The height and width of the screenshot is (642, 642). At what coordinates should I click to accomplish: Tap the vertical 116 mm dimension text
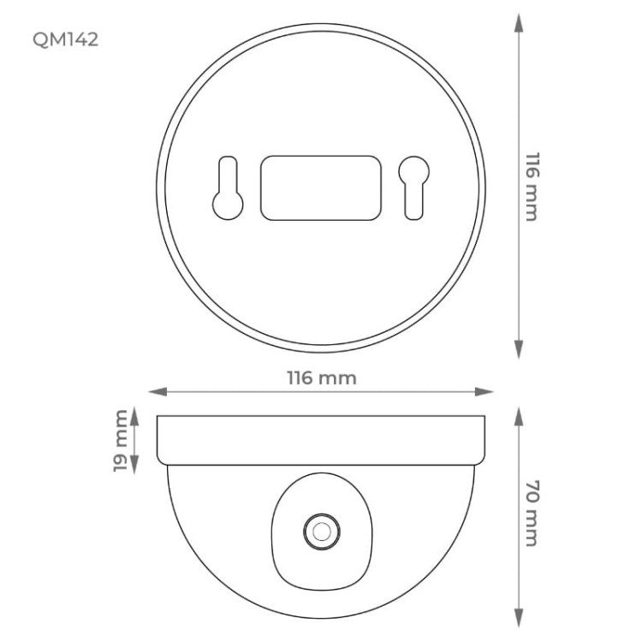click(531, 187)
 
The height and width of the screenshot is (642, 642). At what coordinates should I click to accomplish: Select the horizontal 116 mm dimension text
click(321, 377)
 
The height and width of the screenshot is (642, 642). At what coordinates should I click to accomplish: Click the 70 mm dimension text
click(531, 514)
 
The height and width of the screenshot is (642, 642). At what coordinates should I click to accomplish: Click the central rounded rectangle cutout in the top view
click(320, 187)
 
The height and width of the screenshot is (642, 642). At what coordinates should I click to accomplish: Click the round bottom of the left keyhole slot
click(228, 203)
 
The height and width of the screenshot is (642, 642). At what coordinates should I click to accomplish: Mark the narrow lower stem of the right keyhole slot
click(413, 202)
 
